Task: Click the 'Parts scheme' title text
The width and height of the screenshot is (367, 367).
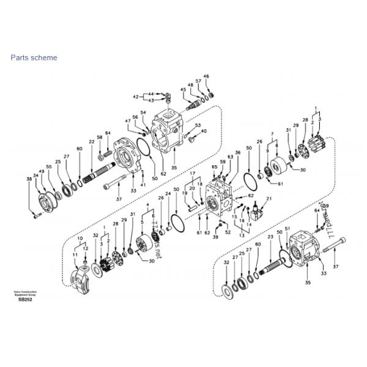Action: pyautogui.click(x=34, y=57)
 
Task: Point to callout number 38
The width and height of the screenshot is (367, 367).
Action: pyautogui.click(x=28, y=179)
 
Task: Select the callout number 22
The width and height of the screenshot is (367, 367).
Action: pyautogui.click(x=91, y=142)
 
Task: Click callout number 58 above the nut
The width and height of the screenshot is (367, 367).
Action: pyautogui.click(x=100, y=137)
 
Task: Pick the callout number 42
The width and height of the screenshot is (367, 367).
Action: pyautogui.click(x=136, y=97)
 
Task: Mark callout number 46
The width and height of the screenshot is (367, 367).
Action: pyautogui.click(x=206, y=76)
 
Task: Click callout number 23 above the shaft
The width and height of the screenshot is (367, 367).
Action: pyautogui.click(x=270, y=236)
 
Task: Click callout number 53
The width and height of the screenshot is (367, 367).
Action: pyautogui.click(x=198, y=125)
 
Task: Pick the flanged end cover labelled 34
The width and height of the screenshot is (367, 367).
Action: pyautogui.click(x=46, y=201)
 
